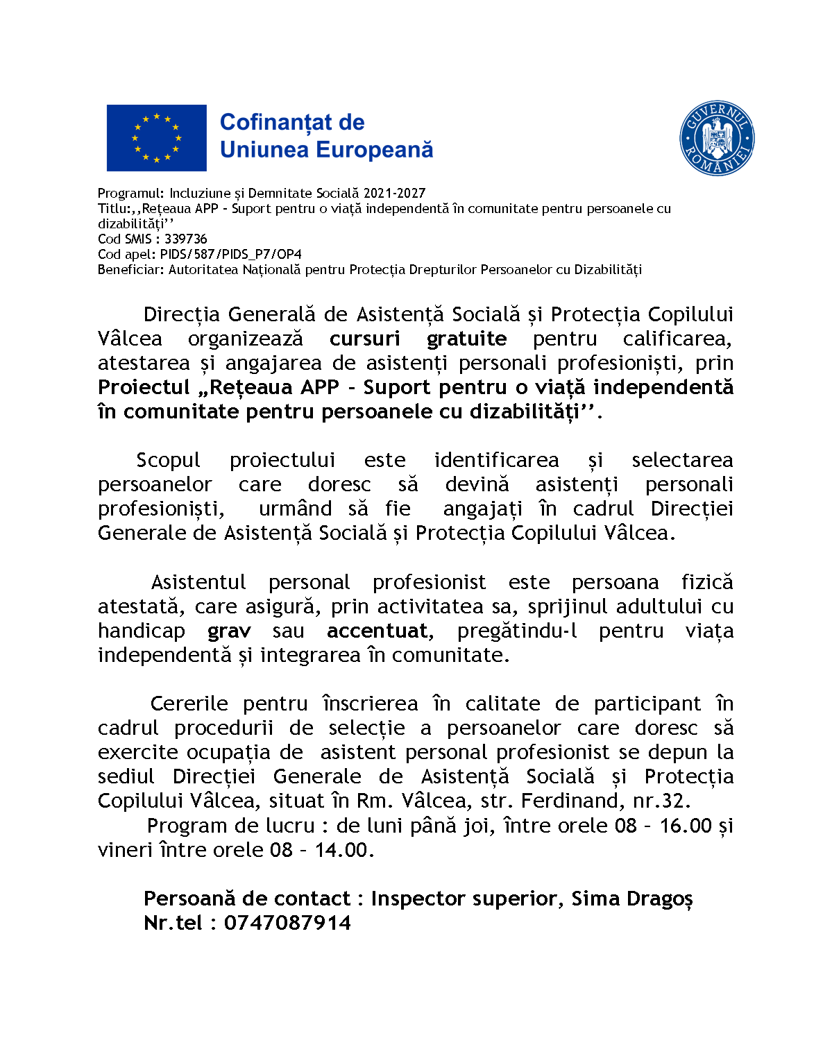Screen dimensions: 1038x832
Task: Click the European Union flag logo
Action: (x=156, y=137)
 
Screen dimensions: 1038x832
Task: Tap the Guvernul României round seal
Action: (x=717, y=138)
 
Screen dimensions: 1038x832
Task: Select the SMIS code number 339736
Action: (x=186, y=239)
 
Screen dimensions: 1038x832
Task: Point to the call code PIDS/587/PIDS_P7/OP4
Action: (x=231, y=255)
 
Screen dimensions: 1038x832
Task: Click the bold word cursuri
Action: (x=364, y=339)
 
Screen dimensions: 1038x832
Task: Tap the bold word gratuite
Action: (x=466, y=339)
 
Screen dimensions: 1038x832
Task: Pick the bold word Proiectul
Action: (x=144, y=387)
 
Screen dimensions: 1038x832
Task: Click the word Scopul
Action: (x=168, y=460)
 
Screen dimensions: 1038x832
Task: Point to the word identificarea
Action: (x=496, y=460)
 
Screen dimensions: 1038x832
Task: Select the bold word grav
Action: (x=229, y=631)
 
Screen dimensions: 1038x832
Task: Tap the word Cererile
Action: (x=189, y=704)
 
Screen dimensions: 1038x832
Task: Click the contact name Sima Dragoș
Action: (x=631, y=899)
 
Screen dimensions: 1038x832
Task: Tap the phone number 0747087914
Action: (x=287, y=923)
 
